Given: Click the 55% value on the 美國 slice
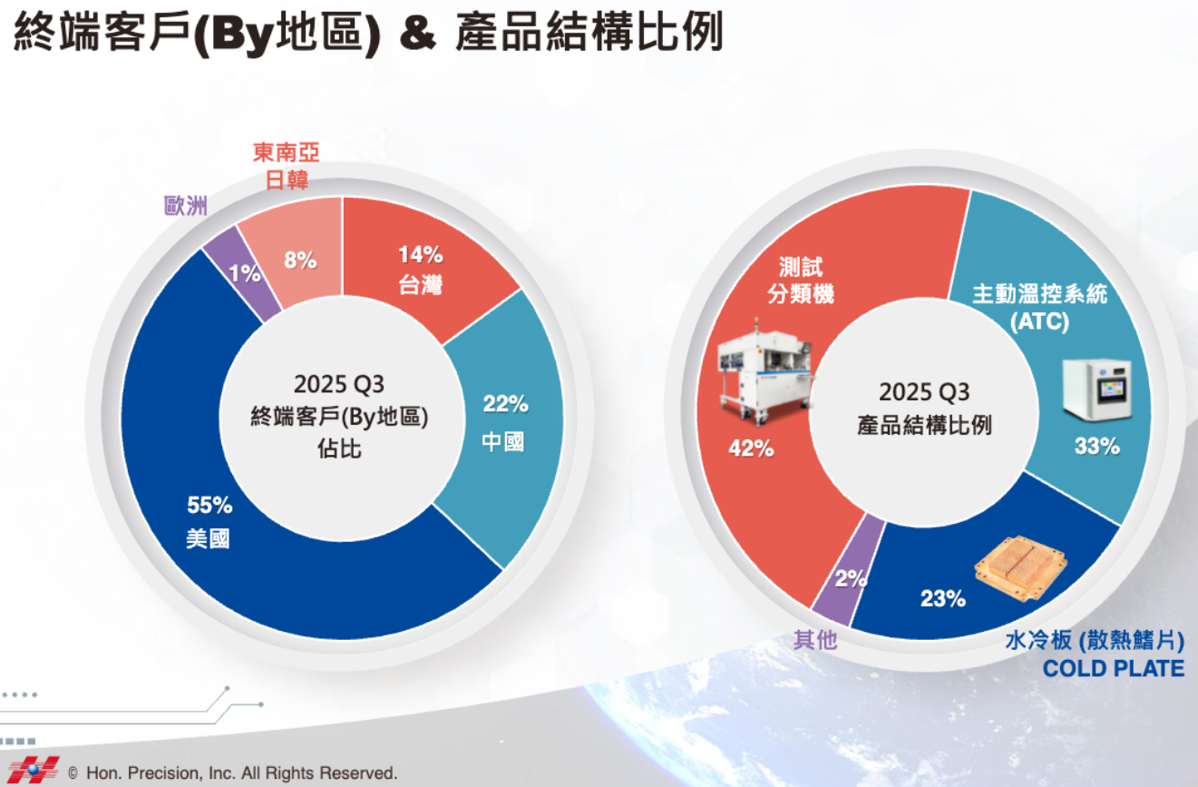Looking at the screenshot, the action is coord(209,506).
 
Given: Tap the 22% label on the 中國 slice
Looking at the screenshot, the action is coord(505,404).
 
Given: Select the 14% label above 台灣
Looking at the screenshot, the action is coord(421,255).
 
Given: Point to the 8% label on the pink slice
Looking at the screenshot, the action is coord(300,261).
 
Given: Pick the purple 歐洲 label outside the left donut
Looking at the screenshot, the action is coord(185,205).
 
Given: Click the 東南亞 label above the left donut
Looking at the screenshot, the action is coord(287,152).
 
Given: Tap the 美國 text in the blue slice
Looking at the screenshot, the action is coord(208,538).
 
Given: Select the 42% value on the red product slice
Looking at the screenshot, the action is coord(751,448).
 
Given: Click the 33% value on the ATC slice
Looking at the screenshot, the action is coord(1097,447).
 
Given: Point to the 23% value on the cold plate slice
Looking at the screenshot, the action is coord(943,598).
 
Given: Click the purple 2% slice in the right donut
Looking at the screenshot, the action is coord(848,571).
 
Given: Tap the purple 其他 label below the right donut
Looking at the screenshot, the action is coord(815,640).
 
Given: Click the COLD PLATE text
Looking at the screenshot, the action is coord(1114,669).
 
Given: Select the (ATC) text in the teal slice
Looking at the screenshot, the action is coord(1039,321).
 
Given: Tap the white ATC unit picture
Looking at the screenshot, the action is coord(1097,389).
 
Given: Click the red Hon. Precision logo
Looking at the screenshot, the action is coord(34,771).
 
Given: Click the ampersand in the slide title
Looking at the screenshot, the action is coord(418,34).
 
